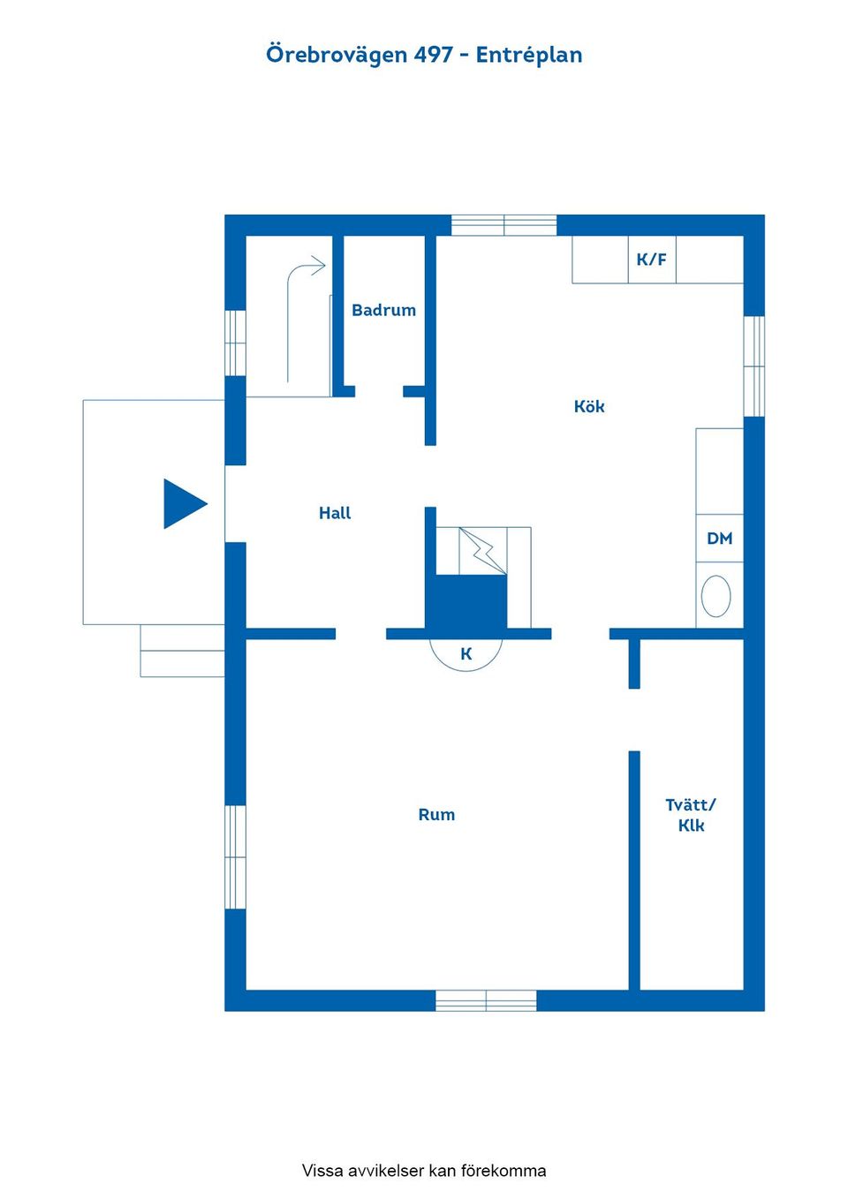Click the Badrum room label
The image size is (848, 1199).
(383, 310)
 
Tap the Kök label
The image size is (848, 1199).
(589, 406)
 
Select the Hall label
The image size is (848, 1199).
(335, 513)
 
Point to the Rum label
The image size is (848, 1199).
(436, 815)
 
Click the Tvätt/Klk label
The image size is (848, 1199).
(691, 815)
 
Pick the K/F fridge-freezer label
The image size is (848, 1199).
(651, 260)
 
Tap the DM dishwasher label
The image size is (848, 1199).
(720, 538)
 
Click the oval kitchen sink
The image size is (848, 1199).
(715, 596)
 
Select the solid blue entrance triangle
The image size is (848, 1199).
(185, 503)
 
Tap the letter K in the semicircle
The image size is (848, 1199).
(466, 653)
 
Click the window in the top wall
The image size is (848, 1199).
(503, 225)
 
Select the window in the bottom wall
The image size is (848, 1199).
(486, 1000)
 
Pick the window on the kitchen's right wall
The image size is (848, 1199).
(753, 366)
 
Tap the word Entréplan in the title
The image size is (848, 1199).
(529, 56)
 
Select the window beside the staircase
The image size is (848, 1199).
(235, 343)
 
